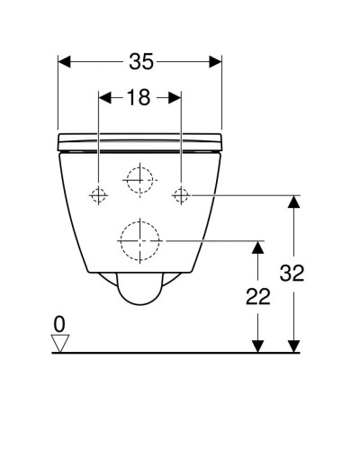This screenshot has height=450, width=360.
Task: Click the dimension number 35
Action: coord(140,62)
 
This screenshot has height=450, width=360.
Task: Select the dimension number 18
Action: coord(139,98)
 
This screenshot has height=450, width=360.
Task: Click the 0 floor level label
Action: coord(59,321)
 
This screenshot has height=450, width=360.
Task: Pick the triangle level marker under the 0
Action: coord(60,342)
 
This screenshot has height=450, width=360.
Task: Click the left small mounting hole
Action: coord(98,194)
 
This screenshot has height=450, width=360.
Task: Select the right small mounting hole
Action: coord(182,194)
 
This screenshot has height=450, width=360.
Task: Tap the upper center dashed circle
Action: coord(139,181)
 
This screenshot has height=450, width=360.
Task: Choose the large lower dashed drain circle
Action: coord(139,240)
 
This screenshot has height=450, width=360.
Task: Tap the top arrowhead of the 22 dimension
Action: coord(258,247)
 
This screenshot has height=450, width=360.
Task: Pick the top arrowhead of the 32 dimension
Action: coord(292,202)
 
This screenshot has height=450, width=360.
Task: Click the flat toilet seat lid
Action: coord(139,140)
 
